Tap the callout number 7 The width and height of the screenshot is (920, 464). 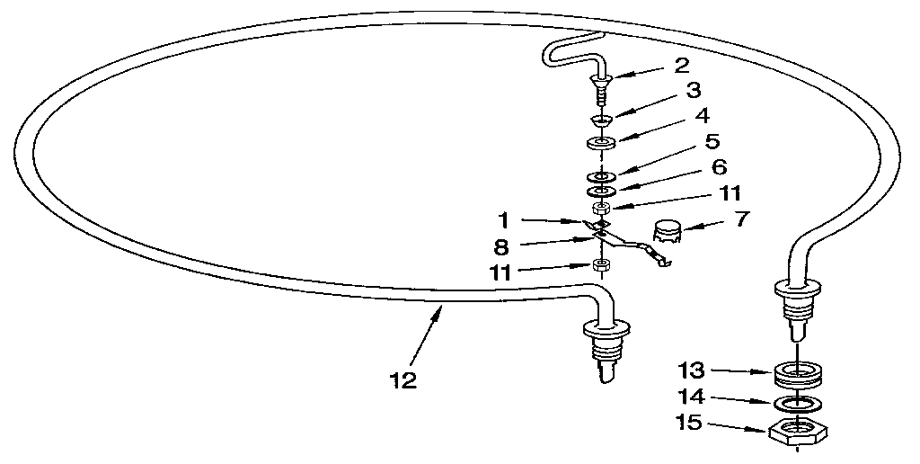[742, 219]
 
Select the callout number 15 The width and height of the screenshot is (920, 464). [689, 423]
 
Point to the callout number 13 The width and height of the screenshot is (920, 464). [690, 371]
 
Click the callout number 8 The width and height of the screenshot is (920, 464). [501, 247]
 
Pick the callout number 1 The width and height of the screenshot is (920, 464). [503, 221]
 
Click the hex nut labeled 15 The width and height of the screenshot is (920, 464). [798, 433]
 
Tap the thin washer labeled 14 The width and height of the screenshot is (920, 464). [798, 404]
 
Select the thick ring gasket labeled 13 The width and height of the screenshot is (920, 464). [798, 375]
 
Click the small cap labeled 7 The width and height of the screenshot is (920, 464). [668, 233]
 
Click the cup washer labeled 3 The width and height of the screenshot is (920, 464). [601, 120]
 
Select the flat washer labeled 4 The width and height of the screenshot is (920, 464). [601, 143]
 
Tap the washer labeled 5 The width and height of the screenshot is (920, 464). [601, 176]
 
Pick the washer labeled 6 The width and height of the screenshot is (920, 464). [601, 192]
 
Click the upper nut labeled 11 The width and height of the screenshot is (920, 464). [601, 208]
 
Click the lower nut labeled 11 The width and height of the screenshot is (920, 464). [599, 265]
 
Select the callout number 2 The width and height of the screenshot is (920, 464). [681, 66]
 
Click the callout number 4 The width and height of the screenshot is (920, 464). [702, 116]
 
